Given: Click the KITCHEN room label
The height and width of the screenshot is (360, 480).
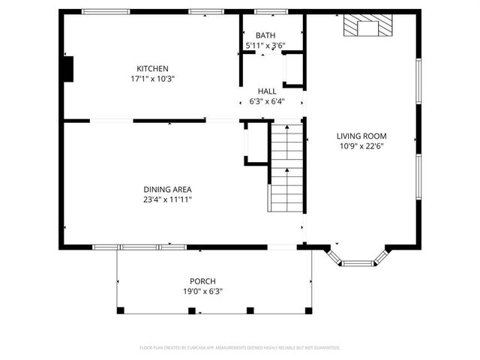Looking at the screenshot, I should point(152,68).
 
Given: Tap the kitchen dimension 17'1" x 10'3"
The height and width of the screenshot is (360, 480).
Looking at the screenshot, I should point(152,78).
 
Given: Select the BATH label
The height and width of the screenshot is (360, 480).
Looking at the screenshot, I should point(265,36).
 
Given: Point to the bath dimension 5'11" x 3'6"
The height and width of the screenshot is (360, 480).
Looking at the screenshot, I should point(265,46).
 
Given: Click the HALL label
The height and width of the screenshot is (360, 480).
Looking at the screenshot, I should point(267,91).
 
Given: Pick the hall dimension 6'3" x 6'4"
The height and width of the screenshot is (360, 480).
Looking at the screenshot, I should point(267,100).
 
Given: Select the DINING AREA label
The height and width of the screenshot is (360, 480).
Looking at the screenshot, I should point(168,190).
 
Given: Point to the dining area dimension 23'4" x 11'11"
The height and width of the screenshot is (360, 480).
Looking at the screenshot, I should point(168,199).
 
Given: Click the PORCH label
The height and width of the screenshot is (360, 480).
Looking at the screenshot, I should point(202,281).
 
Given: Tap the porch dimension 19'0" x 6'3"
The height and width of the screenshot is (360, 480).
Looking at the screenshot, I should point(202,291).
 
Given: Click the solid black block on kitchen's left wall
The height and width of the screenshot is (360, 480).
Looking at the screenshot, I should point(68,70).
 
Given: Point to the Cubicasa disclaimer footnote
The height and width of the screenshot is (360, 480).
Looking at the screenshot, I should point(240,347).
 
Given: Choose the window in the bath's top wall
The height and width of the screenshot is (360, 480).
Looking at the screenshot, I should point(266,12).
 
